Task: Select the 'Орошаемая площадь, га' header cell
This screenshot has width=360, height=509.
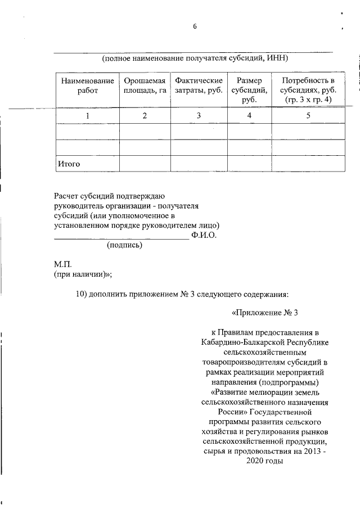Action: click(x=145, y=85)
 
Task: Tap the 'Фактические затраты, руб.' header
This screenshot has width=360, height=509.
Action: click(x=199, y=85)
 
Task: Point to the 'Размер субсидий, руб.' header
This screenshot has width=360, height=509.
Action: click(x=249, y=90)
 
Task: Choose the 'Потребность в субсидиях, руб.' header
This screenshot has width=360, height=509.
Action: click(x=308, y=90)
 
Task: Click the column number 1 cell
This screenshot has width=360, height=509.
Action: click(x=87, y=116)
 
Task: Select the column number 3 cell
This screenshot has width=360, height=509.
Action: click(x=199, y=116)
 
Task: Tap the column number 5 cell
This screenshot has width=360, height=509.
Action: click(x=308, y=116)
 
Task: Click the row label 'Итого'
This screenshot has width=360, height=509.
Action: click(x=68, y=164)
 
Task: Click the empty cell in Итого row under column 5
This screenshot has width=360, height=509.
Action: click(x=308, y=164)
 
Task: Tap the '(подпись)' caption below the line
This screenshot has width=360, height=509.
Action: click(x=124, y=245)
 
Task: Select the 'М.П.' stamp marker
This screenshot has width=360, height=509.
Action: click(x=62, y=264)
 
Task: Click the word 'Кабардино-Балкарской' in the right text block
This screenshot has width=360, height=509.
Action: click(x=240, y=342)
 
